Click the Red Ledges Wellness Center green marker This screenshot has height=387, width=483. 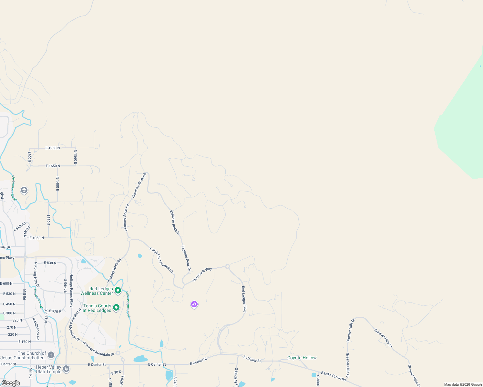pyautogui.click(x=118, y=290)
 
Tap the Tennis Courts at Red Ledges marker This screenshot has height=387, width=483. pyautogui.click(x=116, y=308)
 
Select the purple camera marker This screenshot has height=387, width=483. pyautogui.click(x=194, y=304)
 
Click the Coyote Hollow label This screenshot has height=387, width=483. pyautogui.click(x=302, y=358)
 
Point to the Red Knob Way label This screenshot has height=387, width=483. pyautogui.click(x=202, y=274)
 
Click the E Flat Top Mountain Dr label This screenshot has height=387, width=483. pyautogui.click(x=161, y=261)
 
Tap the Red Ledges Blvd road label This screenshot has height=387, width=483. pyautogui.click(x=244, y=299)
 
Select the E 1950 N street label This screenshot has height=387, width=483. pyautogui.click(x=53, y=148)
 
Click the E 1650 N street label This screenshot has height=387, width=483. pyautogui.click(x=53, y=166)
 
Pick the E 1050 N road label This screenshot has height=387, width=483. pyautogui.click(x=36, y=238)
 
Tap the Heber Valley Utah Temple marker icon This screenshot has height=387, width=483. pyautogui.click(x=66, y=369)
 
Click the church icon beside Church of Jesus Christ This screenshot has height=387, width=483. pyautogui.click(x=51, y=355)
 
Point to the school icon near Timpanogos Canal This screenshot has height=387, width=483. pyautogui.click(x=24, y=190)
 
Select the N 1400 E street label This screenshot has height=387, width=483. pyautogui.click(x=57, y=184)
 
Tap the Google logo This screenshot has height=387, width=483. pyautogui.click(x=11, y=383)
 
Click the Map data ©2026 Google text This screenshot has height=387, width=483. pyautogui.click(x=463, y=384)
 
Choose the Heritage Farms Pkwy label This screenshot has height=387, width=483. pyautogui.click(x=71, y=290)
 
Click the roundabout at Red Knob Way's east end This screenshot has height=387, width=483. pyautogui.click(x=227, y=266)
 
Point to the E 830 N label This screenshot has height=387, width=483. pyautogui.click(x=50, y=263)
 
